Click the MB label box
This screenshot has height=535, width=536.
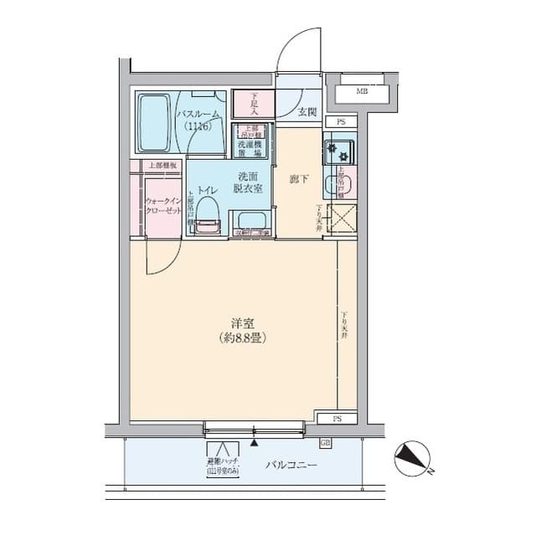click(362, 91)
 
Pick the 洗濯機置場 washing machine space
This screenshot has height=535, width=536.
click(250, 148)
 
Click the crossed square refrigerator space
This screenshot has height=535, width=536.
click(343, 219)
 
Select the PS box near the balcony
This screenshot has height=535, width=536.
click(338, 417)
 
